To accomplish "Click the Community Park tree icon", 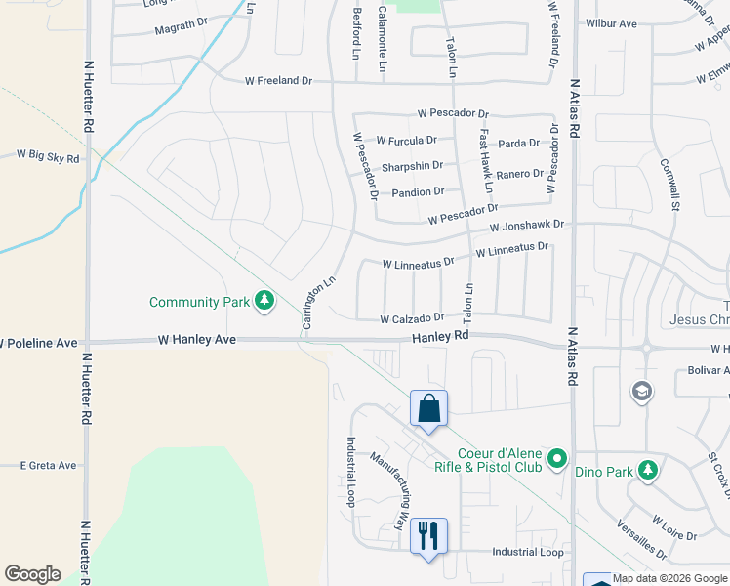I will point(264,302).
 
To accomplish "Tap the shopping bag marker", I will point(428,409).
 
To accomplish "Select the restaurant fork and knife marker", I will point(428,536).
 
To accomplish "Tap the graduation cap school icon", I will point(642,392).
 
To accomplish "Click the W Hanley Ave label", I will point(197,340).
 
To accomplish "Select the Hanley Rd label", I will point(440,336).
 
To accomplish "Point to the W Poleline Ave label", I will point(39,344).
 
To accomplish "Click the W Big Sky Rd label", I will point(48,155).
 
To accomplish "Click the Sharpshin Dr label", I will point(412,166).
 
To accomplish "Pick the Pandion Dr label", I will point(418,192).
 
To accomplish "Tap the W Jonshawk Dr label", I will point(527,226).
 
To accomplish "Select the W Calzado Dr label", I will point(412,318).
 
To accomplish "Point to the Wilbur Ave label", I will point(611,23).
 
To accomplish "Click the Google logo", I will point(32,574).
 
